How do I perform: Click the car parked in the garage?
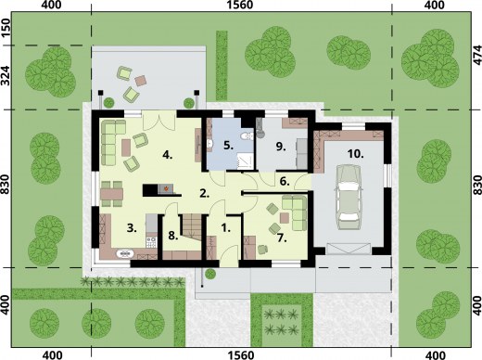[x=349, y=198]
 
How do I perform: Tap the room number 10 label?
[x=355, y=153]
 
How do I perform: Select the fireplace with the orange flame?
[x=166, y=188]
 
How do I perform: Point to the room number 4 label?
[x=167, y=155]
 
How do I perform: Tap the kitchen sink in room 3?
[x=125, y=253]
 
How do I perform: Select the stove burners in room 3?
[x=151, y=242]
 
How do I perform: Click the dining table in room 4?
[x=111, y=194]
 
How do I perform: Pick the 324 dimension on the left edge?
[x=6, y=76]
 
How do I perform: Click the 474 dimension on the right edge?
[x=477, y=55]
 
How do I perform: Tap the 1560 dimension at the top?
[x=240, y=5]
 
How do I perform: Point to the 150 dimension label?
[x=6, y=28]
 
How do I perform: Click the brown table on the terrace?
[x=141, y=81]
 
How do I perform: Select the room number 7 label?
[x=281, y=238]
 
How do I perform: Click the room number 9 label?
[x=281, y=147]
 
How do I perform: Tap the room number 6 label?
[x=285, y=182]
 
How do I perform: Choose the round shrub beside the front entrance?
[x=210, y=274]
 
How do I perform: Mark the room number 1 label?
[x=226, y=228]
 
